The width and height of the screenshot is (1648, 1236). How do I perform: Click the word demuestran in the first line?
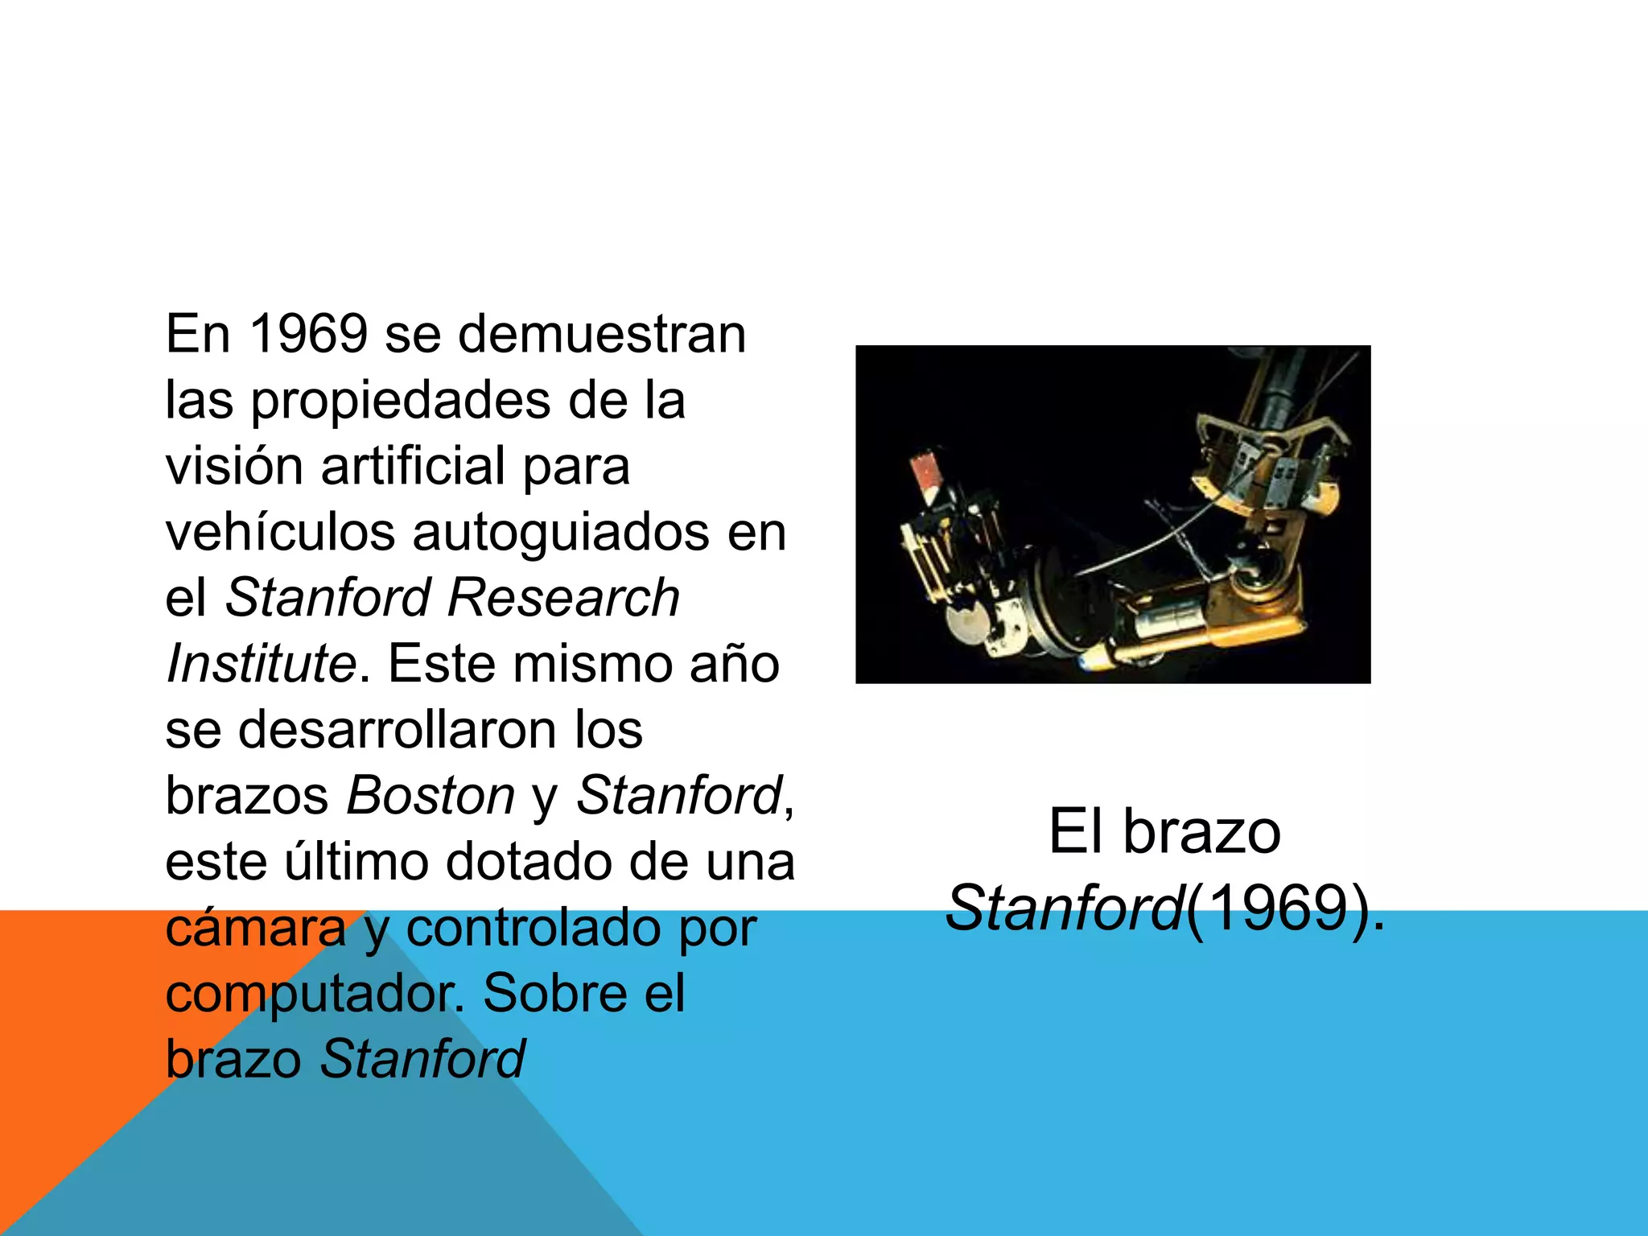[x=602, y=334]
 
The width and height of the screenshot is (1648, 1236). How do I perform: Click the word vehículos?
[x=280, y=533]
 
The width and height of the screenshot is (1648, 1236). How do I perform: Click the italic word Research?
[x=563, y=599]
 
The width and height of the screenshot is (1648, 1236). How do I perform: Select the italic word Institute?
[x=261, y=665]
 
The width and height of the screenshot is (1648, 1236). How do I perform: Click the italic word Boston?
[x=431, y=797]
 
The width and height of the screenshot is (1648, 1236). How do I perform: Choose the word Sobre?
[x=555, y=995]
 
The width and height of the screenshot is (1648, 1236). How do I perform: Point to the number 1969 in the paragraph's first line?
[x=309, y=334]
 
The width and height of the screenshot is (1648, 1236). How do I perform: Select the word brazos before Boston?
[x=247, y=797]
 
